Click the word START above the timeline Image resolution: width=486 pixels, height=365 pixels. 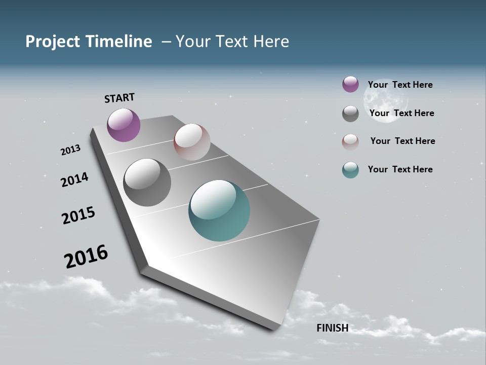119,98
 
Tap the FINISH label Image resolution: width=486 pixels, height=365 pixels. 333,328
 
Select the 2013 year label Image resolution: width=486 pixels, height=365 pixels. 70,150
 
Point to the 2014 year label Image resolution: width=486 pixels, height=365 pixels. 74,179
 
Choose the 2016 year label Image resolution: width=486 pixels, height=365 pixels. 86,257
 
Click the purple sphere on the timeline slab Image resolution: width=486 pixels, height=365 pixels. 124,125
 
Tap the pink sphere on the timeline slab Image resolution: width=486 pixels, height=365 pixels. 192,142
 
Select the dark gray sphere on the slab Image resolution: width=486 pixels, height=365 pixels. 147,182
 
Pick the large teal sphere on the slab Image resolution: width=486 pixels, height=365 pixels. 219,210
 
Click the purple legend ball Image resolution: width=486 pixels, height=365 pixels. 350,84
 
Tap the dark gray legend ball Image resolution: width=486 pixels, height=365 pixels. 350,114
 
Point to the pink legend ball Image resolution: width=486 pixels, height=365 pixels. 350,142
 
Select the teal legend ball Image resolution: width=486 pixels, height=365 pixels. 350,170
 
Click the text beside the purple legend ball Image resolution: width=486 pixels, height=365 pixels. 400,85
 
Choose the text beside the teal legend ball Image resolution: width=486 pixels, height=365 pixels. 400,169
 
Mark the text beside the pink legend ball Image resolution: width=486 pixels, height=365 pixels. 402,141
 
